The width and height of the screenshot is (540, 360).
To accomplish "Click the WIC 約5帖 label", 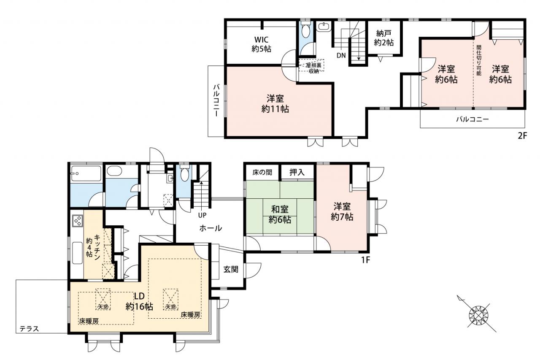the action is pos(261,44).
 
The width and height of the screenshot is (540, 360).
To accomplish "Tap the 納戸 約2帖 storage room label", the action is pos(384,38).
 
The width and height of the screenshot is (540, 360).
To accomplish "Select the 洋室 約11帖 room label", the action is pos(275,104).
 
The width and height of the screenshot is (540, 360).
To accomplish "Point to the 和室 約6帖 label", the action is pos(280,214).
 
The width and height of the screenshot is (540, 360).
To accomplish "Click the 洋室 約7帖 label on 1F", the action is pos(342,212).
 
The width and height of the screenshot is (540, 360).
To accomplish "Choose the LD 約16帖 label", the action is pos(139,301).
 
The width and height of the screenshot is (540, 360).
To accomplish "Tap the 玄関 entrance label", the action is pos(231,269).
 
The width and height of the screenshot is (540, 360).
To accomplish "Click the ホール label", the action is pos(211,228).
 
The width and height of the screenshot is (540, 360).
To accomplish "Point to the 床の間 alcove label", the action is pos(262,173).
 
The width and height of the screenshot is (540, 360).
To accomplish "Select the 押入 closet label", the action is pos(297,172).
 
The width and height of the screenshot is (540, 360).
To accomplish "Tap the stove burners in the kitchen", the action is pos(78,221).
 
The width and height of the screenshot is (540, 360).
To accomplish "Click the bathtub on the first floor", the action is pos(86,173).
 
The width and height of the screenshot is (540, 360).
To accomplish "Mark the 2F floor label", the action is pos(522,136).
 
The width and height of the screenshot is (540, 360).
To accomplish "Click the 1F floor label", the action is pos(365,260).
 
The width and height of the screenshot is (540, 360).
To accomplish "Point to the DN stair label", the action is pos(341,55).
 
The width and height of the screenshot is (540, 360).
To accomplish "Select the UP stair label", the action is pos(202,215).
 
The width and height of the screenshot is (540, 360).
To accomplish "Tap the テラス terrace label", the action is pos(29,329).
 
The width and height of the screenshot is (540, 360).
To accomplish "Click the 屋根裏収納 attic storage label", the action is pos(313,68).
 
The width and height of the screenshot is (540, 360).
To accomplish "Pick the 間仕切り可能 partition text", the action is pos(479,60).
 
